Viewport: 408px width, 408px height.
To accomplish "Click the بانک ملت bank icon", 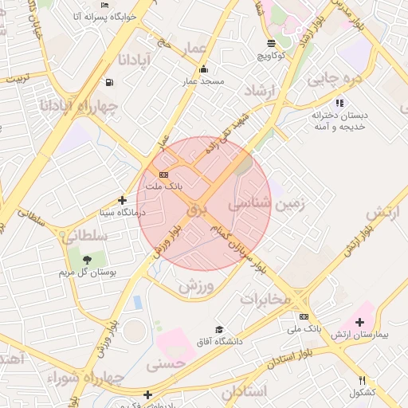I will pos(163,175).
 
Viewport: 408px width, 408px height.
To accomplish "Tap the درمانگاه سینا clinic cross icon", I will pos(122,201).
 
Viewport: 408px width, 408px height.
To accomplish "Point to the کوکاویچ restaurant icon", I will pos(273,43).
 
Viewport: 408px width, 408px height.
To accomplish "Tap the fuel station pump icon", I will pos(108,82).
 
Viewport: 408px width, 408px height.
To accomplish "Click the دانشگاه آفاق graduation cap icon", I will pos(219,329).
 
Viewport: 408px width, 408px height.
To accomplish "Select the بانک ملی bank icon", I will pos(304,316).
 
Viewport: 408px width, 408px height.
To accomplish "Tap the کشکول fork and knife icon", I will pos(363,381).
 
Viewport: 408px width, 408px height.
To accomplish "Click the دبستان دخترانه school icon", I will pos(340,103).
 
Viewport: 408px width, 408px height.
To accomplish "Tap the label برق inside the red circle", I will pos(196,210).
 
